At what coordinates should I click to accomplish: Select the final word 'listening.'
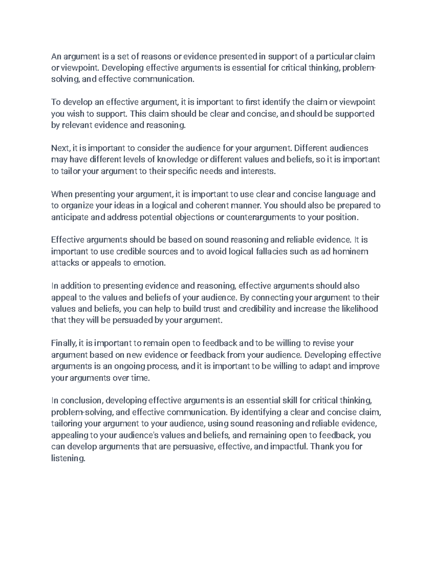click(68, 459)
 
